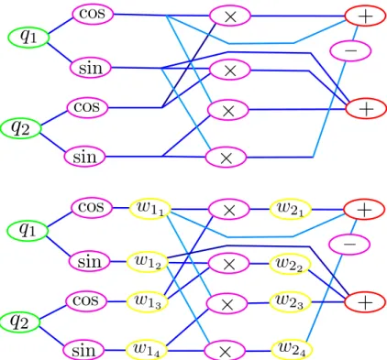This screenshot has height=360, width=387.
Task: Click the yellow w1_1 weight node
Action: [149, 209]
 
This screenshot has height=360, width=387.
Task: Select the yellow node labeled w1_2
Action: [148, 262]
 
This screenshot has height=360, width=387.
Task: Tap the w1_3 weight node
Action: [148, 301]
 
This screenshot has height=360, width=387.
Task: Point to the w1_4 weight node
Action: [147, 350]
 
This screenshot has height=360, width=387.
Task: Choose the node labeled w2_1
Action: [290, 210]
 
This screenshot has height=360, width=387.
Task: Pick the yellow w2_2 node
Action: [290, 264]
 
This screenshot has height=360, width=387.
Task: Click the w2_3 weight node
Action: [290, 302]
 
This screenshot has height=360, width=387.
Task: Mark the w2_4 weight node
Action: [292, 350]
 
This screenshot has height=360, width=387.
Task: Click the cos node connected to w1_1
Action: [92, 208]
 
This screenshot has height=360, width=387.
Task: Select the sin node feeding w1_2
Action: [89, 262]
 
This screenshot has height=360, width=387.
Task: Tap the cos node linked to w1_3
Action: [86, 301]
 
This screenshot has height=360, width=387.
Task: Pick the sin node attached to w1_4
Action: [83, 350]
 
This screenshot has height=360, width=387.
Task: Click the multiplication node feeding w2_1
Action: [229, 210]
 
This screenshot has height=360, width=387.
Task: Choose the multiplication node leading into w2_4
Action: [225, 352]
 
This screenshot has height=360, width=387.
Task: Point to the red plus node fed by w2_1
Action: [364, 210]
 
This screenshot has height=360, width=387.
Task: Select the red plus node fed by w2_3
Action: [366, 302]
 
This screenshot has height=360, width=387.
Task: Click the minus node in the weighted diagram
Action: [349, 245]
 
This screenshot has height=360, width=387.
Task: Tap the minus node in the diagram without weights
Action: [350, 50]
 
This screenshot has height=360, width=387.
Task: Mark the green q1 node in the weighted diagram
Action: [28, 230]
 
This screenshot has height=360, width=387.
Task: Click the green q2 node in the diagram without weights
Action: [20, 128]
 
